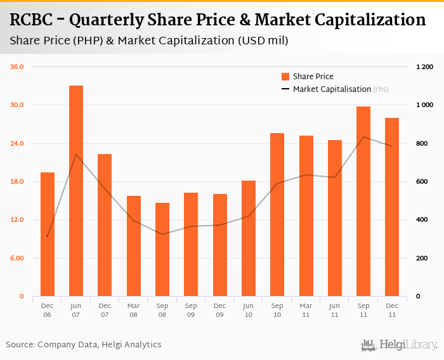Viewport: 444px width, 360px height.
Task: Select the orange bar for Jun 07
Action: (76, 190)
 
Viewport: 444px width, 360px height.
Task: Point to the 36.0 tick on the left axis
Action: (16, 67)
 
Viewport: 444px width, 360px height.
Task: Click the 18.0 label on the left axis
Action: (16, 182)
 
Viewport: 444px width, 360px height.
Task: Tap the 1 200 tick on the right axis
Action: (424, 67)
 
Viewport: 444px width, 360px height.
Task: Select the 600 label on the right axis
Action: (421, 182)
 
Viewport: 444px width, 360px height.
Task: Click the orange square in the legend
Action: (285, 77)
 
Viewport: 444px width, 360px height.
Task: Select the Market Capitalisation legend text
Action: (332, 89)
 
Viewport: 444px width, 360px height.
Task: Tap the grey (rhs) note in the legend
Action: (381, 89)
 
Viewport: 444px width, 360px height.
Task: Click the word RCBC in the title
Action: (30, 20)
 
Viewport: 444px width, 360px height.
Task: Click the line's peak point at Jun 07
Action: (76, 154)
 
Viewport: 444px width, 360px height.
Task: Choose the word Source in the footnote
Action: (20, 345)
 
